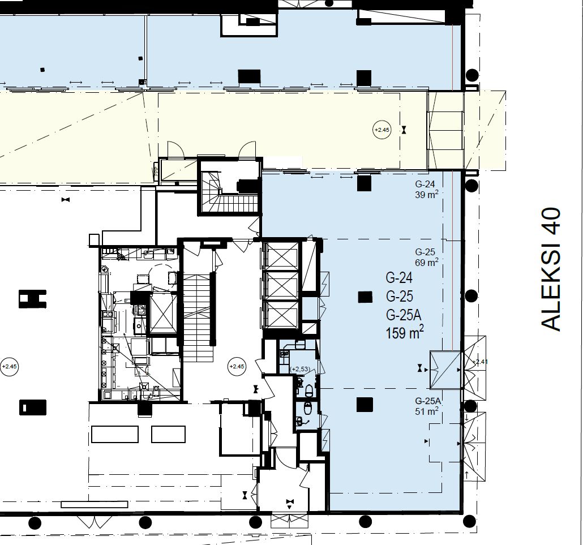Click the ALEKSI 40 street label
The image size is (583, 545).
click(x=551, y=269)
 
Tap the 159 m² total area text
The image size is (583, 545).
click(x=405, y=332)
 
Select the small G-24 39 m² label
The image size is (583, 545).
click(x=426, y=189)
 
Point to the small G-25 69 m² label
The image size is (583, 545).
click(x=426, y=257)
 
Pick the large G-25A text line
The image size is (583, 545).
click(x=404, y=315)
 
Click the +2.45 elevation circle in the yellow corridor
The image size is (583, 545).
click(x=382, y=130)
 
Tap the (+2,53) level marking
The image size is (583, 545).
click(x=299, y=369)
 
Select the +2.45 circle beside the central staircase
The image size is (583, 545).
click(x=237, y=367)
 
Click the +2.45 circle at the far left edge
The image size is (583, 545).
click(x=9, y=367)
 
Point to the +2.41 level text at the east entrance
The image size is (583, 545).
click(x=480, y=361)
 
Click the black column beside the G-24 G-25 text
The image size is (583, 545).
click(x=365, y=297)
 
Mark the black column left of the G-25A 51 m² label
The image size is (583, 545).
click(x=365, y=405)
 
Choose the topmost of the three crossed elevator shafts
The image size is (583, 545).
click(x=281, y=256)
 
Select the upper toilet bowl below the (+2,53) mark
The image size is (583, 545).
click(x=308, y=390)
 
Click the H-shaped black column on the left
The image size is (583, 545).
click(x=32, y=299)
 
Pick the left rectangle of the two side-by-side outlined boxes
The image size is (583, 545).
click(x=115, y=434)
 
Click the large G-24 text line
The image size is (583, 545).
click(x=399, y=278)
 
